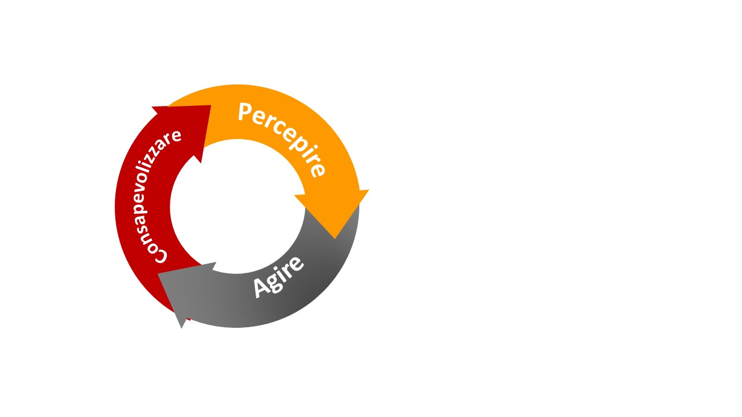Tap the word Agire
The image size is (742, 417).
pos(278,277)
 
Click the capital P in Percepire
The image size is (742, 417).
pos(245,112)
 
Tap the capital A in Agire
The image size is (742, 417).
pos(261,288)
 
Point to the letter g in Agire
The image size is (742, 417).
pos(274,283)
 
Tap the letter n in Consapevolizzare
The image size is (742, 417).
pos(148,236)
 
